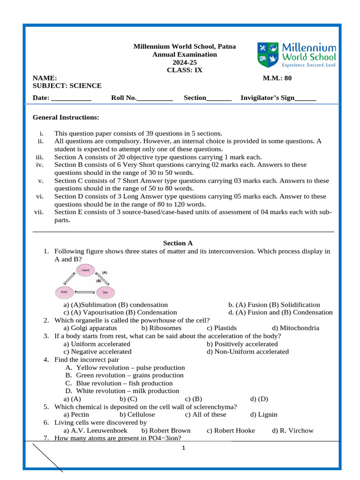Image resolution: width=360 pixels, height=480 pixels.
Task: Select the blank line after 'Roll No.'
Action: (155, 98)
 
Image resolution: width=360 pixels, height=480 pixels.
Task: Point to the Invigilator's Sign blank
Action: (306, 98)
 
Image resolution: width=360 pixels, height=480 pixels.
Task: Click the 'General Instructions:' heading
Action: (66, 117)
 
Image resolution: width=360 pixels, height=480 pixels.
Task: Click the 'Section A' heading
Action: (178, 243)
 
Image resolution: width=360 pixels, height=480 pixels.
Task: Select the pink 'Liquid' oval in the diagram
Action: (86, 270)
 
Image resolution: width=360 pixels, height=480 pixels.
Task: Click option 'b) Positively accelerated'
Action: (242, 344)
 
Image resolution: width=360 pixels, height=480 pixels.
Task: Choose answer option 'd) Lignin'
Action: (263, 414)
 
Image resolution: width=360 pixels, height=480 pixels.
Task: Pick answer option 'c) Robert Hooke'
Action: (231, 430)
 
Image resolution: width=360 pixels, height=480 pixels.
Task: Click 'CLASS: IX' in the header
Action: (185, 70)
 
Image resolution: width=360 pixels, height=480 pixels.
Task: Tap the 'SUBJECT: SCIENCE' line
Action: (67, 85)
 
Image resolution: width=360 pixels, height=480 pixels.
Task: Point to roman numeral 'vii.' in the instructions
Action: (39, 212)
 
